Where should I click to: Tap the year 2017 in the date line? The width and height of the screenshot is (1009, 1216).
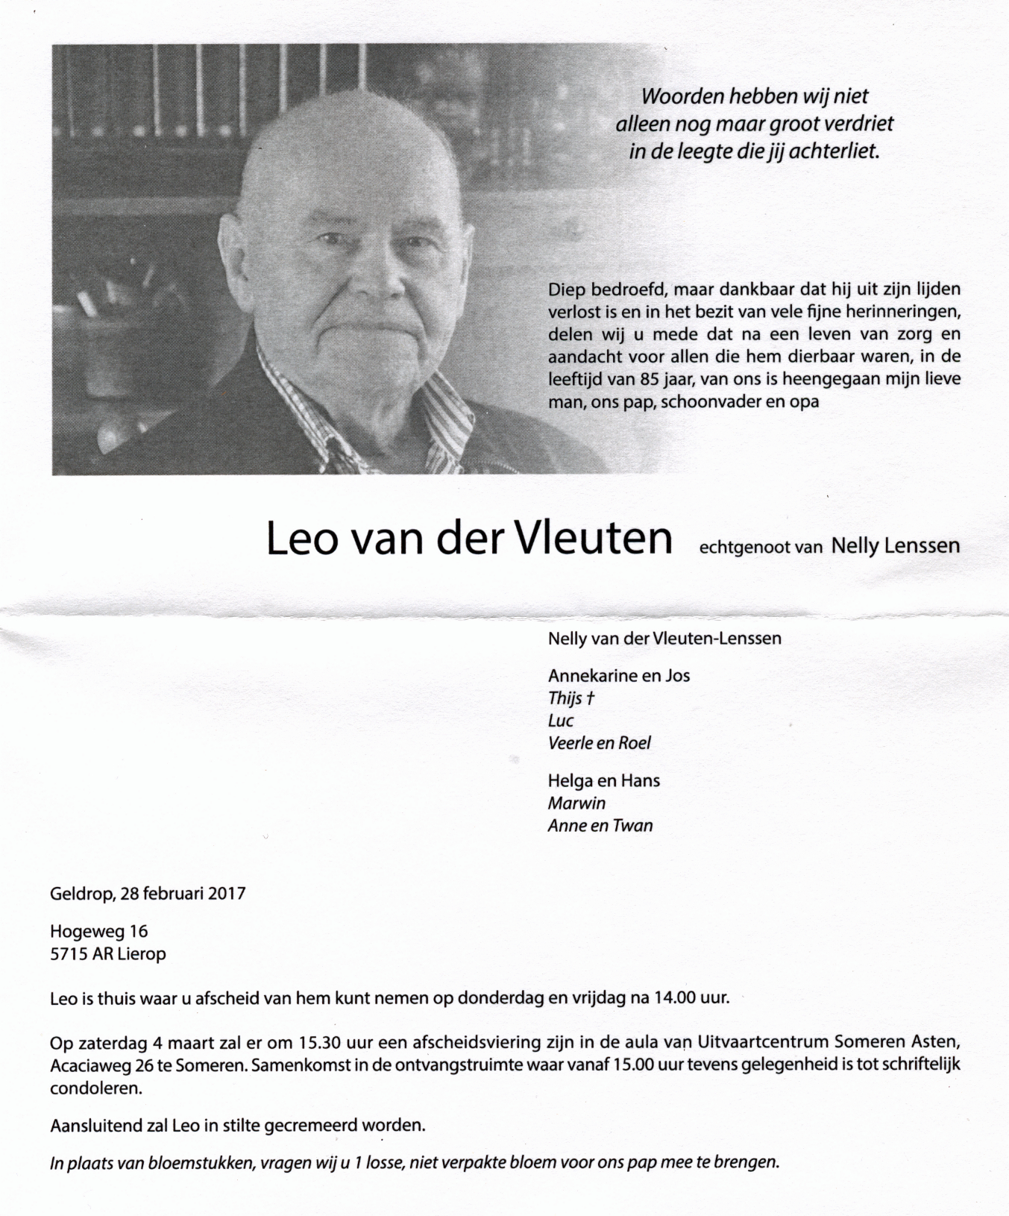pos(225,893)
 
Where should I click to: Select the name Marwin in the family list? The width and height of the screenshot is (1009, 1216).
pos(576,803)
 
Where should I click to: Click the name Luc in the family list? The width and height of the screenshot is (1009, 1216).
pos(560,721)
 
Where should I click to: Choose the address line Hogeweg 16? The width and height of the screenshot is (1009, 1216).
pos(98,931)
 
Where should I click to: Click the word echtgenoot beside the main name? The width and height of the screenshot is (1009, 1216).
pos(735,547)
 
